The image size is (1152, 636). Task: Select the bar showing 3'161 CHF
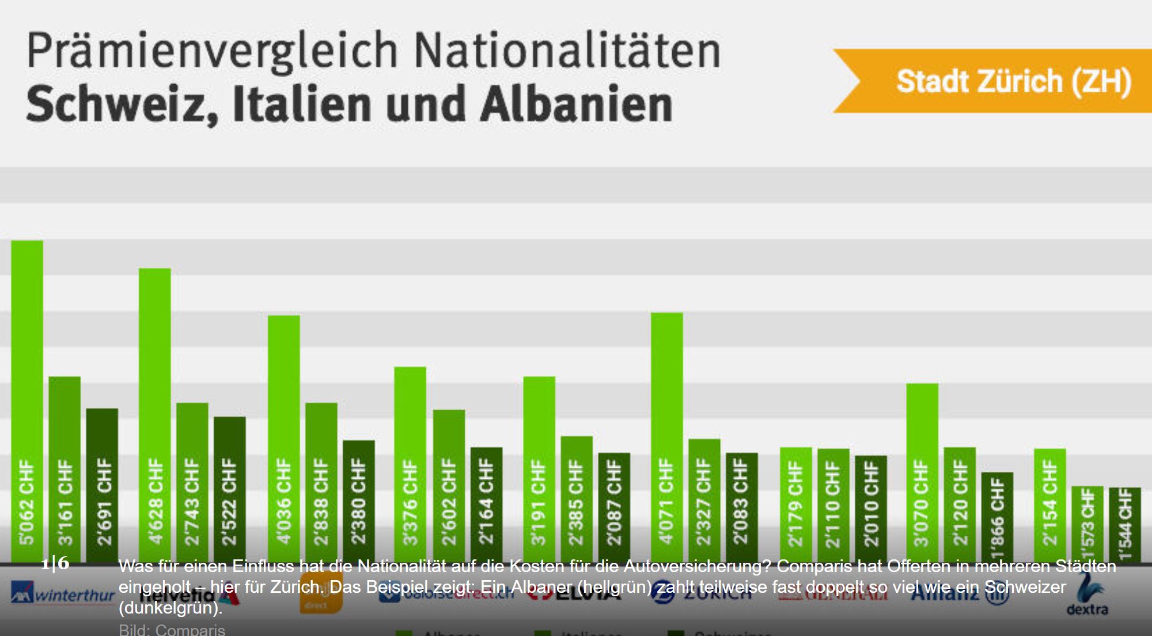(x=65, y=469)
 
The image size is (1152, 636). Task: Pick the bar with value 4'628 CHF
(x=154, y=414)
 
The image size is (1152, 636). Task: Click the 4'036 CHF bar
(x=283, y=438)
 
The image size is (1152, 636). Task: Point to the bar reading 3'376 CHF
(x=410, y=464)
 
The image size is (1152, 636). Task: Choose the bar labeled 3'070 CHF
(x=922, y=472)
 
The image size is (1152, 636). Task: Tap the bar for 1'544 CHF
(x=1125, y=524)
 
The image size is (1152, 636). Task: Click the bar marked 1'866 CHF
(x=997, y=516)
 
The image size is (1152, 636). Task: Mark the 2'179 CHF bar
(x=795, y=504)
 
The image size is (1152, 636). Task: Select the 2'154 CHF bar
(x=1050, y=505)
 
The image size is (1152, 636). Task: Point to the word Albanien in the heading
(x=577, y=105)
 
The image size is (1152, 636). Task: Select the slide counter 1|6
(x=55, y=563)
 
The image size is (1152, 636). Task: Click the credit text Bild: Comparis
(x=172, y=630)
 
